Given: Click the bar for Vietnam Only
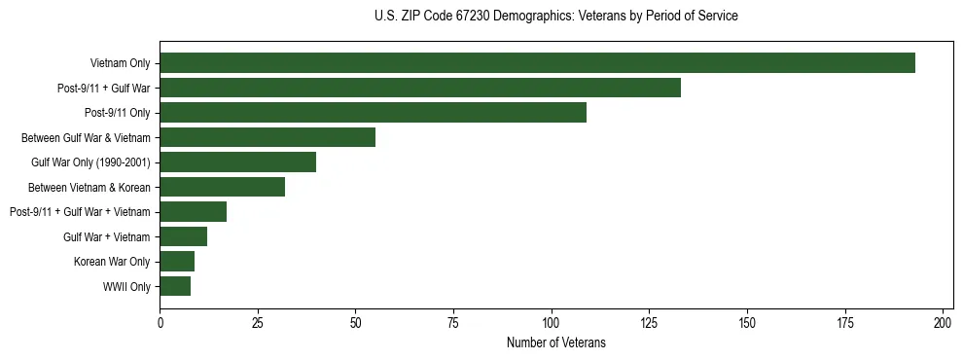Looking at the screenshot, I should pos(537,63).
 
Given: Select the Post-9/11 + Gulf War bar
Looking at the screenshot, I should pos(420,89).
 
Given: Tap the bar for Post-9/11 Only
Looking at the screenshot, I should pos(373,113).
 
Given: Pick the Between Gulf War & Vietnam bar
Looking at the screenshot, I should pos(267,137).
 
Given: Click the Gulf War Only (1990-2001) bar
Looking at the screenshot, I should pos(238,162).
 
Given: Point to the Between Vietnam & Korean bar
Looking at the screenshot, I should pos(223,187).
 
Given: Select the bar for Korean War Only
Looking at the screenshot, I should pos(177,261).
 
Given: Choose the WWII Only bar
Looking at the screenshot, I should pos(175,286).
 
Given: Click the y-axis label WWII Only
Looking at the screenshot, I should pos(126,286).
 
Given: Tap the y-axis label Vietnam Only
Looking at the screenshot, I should pos(120,63).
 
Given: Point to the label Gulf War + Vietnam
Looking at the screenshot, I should pos(107,236).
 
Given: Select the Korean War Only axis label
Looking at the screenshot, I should pos(112,261).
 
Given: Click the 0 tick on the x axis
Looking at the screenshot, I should pos(160,321).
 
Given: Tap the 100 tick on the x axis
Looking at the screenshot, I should pos(552,321).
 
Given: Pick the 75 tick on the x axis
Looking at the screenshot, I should pos(453,321).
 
